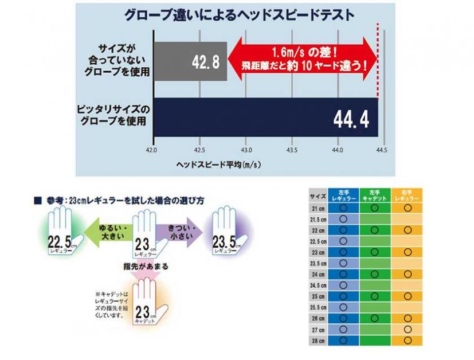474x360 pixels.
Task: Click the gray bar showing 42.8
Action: [x=190, y=61]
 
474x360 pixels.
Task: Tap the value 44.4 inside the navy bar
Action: [x=351, y=119]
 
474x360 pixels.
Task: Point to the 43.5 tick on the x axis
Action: [x=292, y=150]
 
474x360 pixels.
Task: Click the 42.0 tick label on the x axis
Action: [x=152, y=150]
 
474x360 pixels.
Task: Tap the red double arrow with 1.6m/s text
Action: [x=303, y=59]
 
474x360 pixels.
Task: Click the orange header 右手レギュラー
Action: [x=407, y=195]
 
